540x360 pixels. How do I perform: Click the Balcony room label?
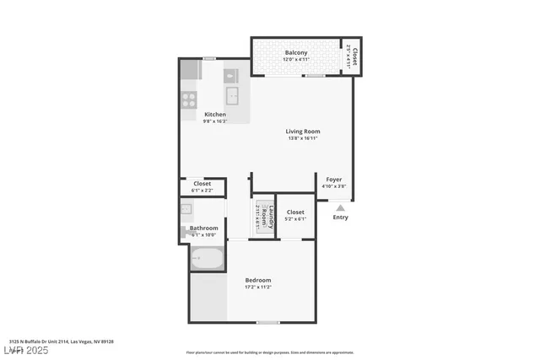295,53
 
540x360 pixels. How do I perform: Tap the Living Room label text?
302,131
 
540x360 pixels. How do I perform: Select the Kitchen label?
215,114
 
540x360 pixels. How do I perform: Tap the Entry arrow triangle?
340,207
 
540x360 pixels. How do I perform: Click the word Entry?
340,218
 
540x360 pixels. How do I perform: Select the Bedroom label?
258,280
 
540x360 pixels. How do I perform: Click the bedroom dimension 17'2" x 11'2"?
258,287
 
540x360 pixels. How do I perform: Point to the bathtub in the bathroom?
207,260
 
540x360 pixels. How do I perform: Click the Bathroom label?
203,228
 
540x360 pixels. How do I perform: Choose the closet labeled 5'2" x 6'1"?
295,215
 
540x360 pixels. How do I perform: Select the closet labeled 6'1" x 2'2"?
202,186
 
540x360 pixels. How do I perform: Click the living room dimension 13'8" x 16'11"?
302,138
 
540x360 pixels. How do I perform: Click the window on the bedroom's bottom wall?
268,322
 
